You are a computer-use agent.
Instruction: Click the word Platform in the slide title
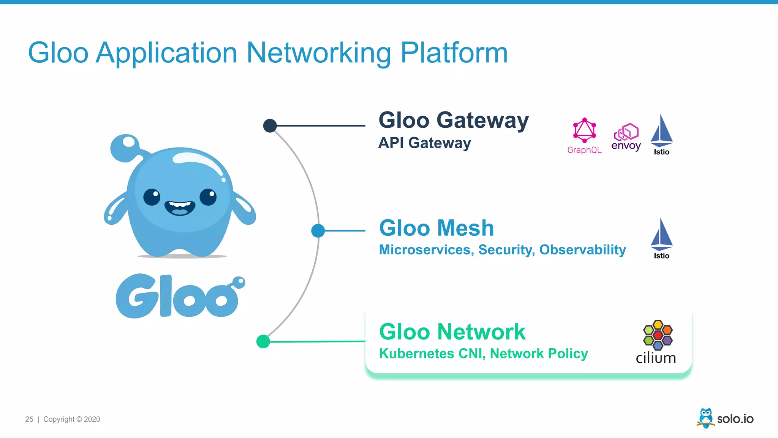(x=454, y=53)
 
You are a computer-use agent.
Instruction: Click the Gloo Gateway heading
(x=454, y=121)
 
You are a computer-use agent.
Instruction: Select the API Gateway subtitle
(x=424, y=143)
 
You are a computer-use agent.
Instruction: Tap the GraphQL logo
(x=584, y=131)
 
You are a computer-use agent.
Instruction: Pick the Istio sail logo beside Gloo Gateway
(x=661, y=131)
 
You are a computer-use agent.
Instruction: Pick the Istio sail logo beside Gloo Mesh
(x=661, y=235)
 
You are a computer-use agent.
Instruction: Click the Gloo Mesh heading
(x=436, y=228)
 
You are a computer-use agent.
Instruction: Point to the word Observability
(x=582, y=250)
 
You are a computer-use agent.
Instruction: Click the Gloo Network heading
(x=452, y=332)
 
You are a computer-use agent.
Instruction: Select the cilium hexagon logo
(x=658, y=335)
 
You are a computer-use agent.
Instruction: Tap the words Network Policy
(x=539, y=354)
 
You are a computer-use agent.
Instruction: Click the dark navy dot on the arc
(x=270, y=125)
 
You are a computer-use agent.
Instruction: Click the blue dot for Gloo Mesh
(x=318, y=230)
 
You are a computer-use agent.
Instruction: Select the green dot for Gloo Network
(x=263, y=341)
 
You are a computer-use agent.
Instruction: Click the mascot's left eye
(x=152, y=197)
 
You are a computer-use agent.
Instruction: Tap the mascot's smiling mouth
(x=180, y=208)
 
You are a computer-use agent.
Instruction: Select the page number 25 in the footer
(x=29, y=419)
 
